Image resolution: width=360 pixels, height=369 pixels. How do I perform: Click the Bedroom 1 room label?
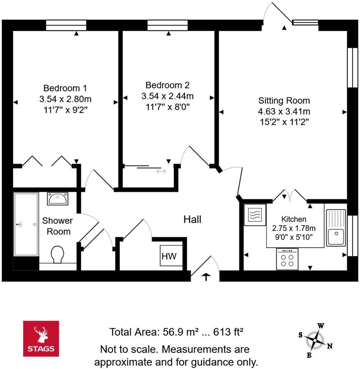point(65,87)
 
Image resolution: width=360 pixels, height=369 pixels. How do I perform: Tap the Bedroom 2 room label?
point(167,85)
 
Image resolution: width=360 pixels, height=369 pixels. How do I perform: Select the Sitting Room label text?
point(284,101)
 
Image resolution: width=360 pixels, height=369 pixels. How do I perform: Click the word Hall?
point(192,219)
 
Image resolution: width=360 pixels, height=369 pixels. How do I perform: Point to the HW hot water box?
point(169,256)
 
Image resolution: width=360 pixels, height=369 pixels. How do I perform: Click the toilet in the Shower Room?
point(58,254)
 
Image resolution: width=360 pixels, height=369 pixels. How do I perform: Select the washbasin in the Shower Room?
point(58,199)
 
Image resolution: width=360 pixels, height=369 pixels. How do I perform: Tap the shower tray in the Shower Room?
point(26,224)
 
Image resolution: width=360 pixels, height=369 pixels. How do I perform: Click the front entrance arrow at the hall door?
point(206,277)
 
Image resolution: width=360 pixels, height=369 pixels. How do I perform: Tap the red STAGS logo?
point(41,338)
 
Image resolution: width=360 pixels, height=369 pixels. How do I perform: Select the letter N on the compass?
point(330,346)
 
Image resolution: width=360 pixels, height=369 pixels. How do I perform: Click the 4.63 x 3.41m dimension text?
point(284,111)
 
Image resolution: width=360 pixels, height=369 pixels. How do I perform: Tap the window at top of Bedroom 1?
point(66,25)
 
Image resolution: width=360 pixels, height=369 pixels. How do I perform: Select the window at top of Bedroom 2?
point(167,25)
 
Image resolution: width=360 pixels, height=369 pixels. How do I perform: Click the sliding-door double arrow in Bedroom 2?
point(161,171)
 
